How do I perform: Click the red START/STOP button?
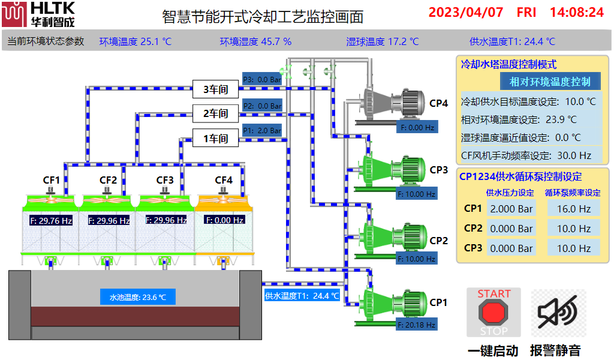coord(493,312)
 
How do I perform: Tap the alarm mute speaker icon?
coord(558,312)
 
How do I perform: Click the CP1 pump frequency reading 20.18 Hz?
coord(416,325)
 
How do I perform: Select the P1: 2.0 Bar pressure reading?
coord(262,130)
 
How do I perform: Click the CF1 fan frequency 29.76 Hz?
coord(51,220)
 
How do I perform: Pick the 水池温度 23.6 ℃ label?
coord(138,297)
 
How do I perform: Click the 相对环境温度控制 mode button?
coord(550,82)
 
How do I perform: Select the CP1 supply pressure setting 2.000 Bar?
coord(511,209)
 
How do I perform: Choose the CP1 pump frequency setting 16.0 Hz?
coord(574,209)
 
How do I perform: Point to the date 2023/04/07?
coord(466,12)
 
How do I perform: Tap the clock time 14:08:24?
coord(576,12)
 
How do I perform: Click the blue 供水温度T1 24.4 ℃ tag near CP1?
coord(302,295)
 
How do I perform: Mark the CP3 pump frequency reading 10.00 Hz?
coord(416,194)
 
